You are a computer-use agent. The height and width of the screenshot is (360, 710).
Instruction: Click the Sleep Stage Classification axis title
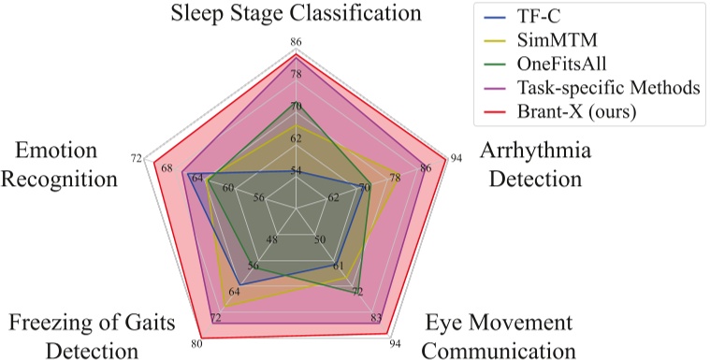[297, 14]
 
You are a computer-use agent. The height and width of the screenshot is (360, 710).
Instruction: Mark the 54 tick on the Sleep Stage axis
[297, 171]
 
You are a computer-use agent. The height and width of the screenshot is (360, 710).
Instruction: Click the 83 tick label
[375, 318]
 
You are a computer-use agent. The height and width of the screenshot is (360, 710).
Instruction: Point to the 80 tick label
[196, 343]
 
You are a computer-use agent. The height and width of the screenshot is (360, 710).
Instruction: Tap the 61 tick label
[339, 266]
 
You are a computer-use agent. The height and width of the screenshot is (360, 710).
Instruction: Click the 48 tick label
[272, 240]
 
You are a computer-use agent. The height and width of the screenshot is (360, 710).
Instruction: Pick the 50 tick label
[320, 240]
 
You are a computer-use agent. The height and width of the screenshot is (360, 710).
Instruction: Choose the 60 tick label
[228, 187]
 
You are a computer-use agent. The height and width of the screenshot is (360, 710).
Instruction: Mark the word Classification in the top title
[350, 14]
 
